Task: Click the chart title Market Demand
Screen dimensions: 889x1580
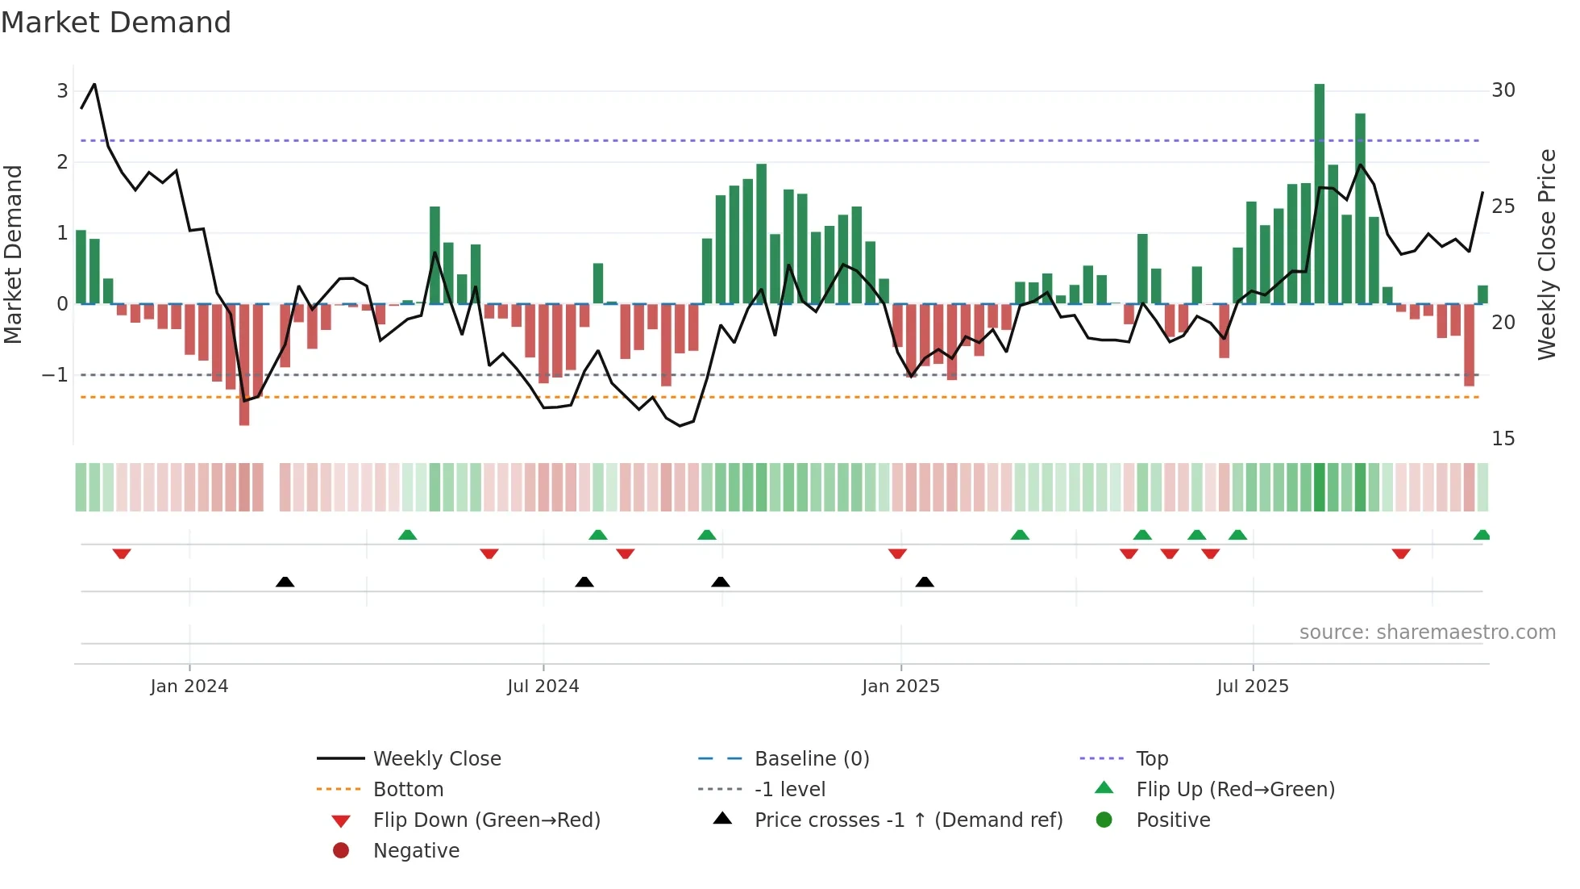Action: pyautogui.click(x=116, y=23)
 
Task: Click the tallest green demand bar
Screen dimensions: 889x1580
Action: pyautogui.click(x=1319, y=194)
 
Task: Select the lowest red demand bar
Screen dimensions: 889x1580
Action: pyautogui.click(x=244, y=365)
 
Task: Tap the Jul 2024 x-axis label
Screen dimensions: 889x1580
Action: pyautogui.click(x=543, y=687)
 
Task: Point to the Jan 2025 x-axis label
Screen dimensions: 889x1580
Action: pyautogui.click(x=900, y=687)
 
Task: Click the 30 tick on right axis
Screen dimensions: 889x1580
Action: pyautogui.click(x=1503, y=90)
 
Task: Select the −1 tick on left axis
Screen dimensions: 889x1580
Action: pyautogui.click(x=55, y=375)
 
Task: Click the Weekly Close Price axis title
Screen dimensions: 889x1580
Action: pyautogui.click(x=1546, y=254)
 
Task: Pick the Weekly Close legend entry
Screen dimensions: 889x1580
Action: pyautogui.click(x=436, y=759)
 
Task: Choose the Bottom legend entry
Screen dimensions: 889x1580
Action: pyautogui.click(x=408, y=790)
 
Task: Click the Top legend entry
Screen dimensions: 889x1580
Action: pyautogui.click(x=1151, y=759)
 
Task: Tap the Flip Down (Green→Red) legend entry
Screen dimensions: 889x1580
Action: pyautogui.click(x=486, y=820)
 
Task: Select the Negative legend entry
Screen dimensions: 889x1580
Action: pyautogui.click(x=416, y=851)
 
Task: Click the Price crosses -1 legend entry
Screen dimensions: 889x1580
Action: pyautogui.click(x=908, y=820)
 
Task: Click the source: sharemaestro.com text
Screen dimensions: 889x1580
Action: pyautogui.click(x=1427, y=632)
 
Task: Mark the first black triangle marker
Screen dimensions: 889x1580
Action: pyautogui.click(x=285, y=582)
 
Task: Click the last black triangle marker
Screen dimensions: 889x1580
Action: pyautogui.click(x=925, y=582)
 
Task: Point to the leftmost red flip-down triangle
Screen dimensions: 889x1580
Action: pyautogui.click(x=122, y=553)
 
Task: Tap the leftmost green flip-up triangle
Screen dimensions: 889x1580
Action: pyautogui.click(x=407, y=535)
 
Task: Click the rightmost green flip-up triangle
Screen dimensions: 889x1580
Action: pyautogui.click(x=1482, y=535)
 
